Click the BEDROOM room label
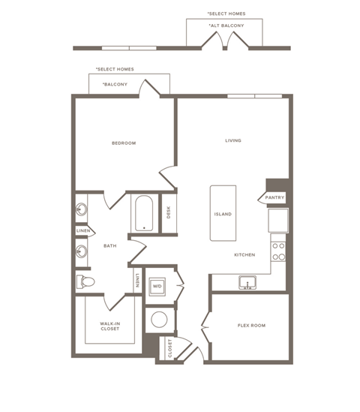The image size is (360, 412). [124, 143]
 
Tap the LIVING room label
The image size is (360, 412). [232, 140]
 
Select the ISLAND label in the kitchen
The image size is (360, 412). [223, 214]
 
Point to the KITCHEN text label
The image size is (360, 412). [244, 254]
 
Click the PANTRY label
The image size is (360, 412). [274, 198]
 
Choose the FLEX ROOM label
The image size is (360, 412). [251, 325]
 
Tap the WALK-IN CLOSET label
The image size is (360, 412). [110, 326]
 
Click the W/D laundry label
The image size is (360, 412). [157, 286]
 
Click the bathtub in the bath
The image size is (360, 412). [143, 214]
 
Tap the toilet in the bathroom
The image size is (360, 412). [85, 281]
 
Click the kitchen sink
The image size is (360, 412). [247, 282]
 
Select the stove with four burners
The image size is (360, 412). [278, 251]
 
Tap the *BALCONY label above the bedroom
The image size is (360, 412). [115, 84]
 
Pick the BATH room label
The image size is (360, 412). [109, 245]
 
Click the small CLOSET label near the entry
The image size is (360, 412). [169, 347]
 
